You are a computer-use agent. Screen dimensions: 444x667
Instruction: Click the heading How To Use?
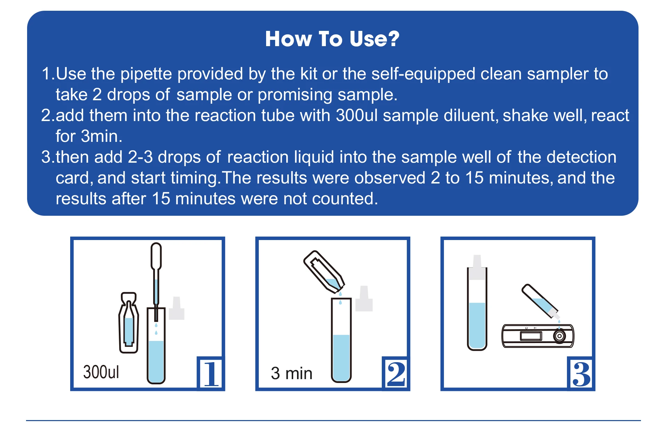click(332, 39)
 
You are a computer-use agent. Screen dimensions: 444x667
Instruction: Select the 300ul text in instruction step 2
click(356, 116)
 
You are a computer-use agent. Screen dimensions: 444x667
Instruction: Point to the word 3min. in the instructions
click(101, 136)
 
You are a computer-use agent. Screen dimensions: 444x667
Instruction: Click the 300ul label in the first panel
click(101, 372)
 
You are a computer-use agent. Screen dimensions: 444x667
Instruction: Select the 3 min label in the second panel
click(291, 374)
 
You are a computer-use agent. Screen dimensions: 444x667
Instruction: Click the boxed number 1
click(211, 374)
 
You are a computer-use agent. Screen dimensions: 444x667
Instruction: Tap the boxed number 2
click(396, 374)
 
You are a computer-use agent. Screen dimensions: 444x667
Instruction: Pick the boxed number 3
click(581, 374)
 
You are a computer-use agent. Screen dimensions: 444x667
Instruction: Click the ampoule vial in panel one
click(129, 323)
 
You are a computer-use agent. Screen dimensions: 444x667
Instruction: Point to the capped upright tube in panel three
click(477, 309)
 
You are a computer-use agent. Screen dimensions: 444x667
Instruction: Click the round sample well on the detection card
click(559, 336)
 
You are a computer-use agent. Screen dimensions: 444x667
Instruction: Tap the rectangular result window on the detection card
click(530, 336)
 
